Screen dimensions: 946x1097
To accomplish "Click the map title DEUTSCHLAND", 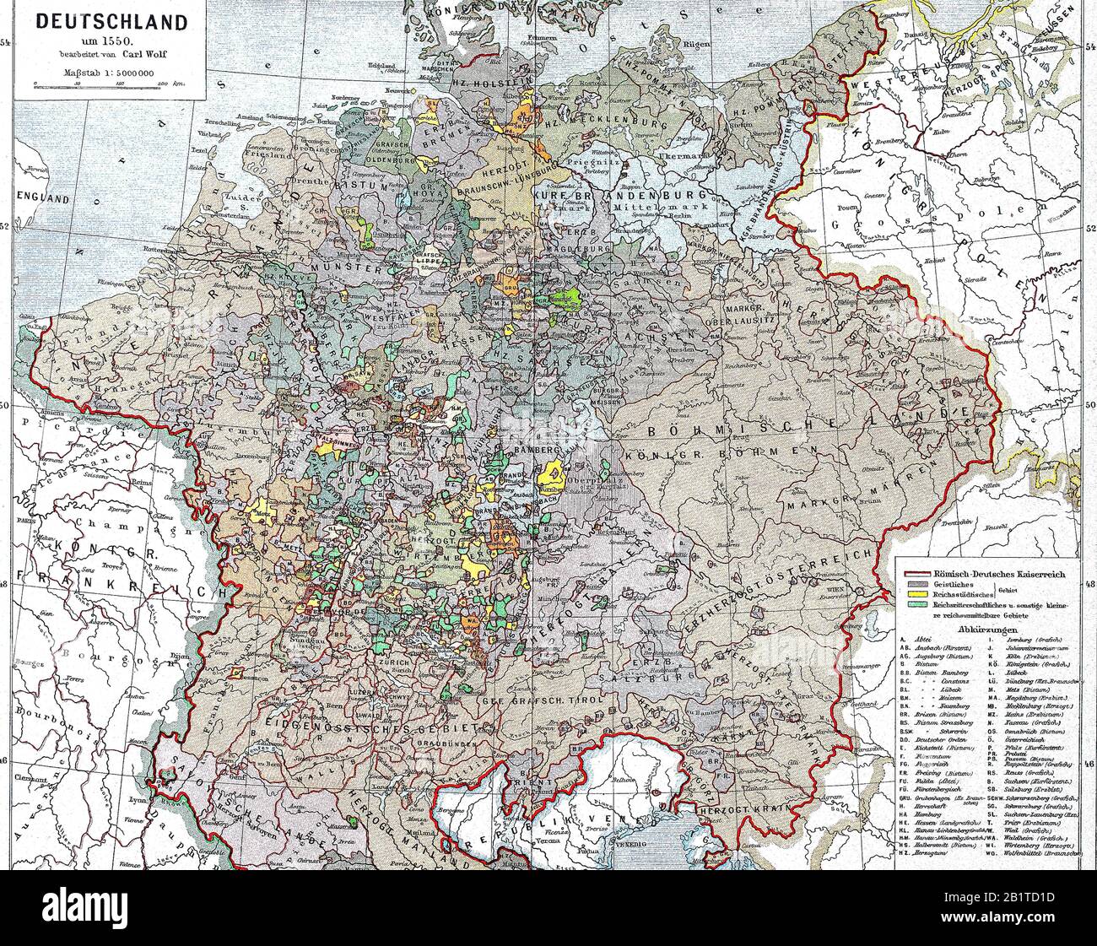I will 111,23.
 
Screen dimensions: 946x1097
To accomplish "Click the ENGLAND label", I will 39,200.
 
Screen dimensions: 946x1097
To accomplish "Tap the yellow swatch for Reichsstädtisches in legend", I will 916,594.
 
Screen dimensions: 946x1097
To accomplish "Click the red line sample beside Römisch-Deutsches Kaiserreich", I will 916,573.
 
